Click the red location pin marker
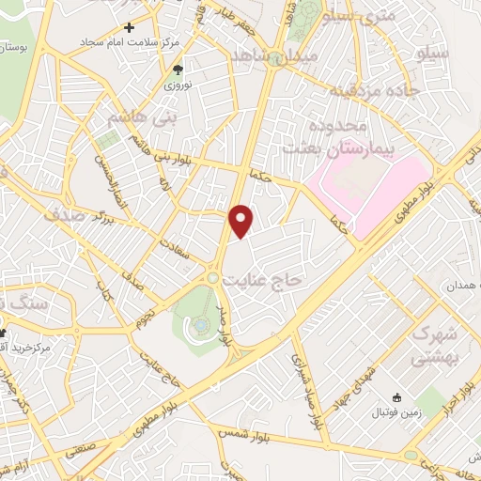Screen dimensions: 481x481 pyautogui.click(x=242, y=220)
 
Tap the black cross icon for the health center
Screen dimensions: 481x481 pyautogui.click(x=129, y=28)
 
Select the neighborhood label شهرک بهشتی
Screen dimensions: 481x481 pyautogui.click(x=434, y=347)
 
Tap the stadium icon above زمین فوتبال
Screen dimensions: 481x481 pyautogui.click(x=397, y=398)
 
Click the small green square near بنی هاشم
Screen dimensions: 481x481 pyautogui.click(x=108, y=140)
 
